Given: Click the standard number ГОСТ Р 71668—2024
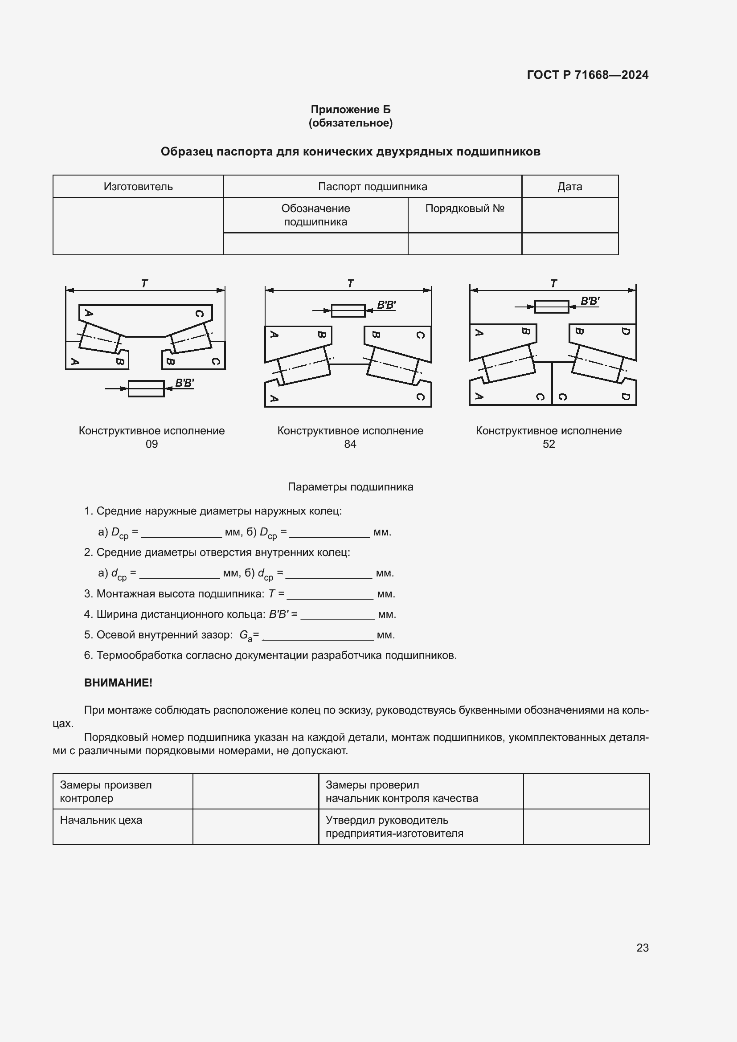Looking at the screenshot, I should [x=587, y=75].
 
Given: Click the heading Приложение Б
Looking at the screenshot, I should [x=350, y=110].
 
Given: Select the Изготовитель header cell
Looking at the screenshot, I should [x=138, y=187].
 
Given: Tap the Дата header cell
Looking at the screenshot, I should [x=569, y=187].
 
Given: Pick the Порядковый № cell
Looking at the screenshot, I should [x=464, y=209].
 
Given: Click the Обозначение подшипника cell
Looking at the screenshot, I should [x=315, y=215].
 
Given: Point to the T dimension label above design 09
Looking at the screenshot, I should [x=144, y=283].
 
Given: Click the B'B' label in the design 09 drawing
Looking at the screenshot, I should [x=184, y=383].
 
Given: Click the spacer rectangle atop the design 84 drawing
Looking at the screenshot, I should [x=348, y=311].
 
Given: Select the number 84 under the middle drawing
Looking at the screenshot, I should [x=350, y=444].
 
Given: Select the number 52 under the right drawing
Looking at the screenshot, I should [x=549, y=444].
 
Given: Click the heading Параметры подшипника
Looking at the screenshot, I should [x=350, y=487].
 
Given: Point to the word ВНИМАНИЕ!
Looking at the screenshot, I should [x=118, y=682].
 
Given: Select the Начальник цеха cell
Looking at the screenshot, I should [x=101, y=820].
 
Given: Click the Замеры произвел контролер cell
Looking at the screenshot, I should [x=105, y=792].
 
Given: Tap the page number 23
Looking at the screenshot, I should [x=642, y=948].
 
